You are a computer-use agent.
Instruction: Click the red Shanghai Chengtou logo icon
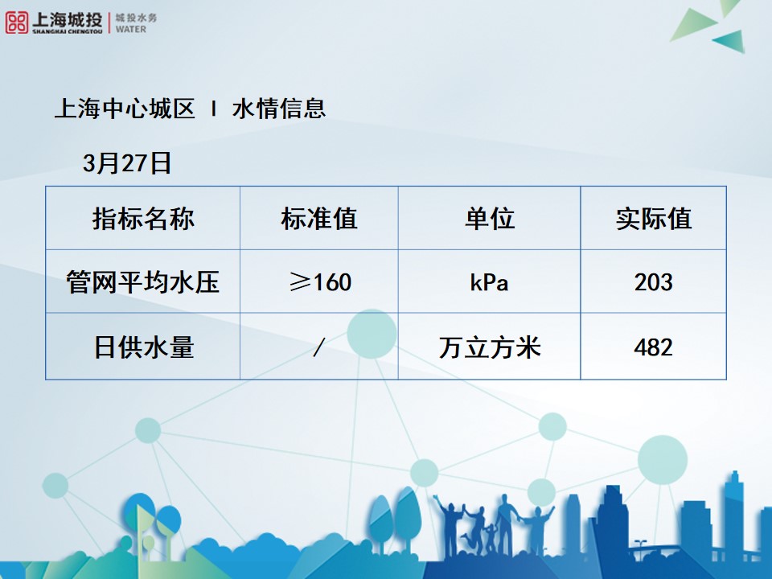click(x=16, y=23)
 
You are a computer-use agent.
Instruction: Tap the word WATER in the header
click(x=131, y=29)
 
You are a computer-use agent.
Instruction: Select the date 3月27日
click(x=127, y=163)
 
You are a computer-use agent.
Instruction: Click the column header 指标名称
click(x=143, y=218)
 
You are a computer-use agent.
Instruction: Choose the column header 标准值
click(x=318, y=218)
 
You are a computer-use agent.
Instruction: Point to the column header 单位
click(x=489, y=218)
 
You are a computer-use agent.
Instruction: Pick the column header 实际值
click(x=653, y=218)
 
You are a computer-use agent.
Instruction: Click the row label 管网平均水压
click(x=143, y=282)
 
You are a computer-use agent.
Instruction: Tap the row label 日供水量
click(x=143, y=347)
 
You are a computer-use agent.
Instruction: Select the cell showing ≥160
click(x=319, y=282)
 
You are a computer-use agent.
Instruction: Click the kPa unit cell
click(x=489, y=283)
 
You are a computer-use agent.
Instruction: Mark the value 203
click(x=653, y=282)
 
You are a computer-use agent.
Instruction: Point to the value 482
click(x=653, y=347)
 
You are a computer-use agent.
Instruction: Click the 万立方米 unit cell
click(x=489, y=347)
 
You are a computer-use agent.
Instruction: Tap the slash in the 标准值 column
click(x=319, y=347)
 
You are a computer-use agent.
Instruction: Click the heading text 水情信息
click(x=279, y=109)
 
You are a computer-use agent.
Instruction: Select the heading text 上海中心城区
click(x=125, y=109)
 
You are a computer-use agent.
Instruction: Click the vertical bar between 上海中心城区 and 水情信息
click(x=213, y=109)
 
